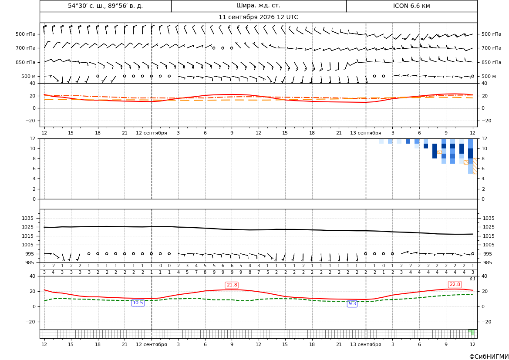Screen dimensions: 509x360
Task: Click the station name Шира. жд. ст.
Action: tap(258, 6)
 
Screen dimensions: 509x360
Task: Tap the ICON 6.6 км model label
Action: tap(411, 6)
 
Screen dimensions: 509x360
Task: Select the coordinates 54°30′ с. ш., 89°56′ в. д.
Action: tap(105, 6)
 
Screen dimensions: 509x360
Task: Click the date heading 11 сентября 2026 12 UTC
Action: tap(258, 17)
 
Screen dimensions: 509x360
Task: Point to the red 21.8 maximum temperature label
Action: tap(232, 285)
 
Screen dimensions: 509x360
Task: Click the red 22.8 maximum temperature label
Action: tap(455, 284)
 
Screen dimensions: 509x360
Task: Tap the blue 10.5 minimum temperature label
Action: tap(138, 303)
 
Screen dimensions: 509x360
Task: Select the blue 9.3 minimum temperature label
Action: tap(352, 303)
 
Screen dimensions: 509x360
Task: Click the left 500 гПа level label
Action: tap(26, 34)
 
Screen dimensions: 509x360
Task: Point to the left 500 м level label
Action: tap(28, 76)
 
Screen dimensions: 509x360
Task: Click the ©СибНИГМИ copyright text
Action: tap(489, 357)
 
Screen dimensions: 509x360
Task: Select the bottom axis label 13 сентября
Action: tap(365, 344)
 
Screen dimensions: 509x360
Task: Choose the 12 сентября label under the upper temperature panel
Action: tap(151, 133)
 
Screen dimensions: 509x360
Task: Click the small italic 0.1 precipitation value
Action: tap(473, 279)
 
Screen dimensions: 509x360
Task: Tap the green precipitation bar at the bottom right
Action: tap(472, 332)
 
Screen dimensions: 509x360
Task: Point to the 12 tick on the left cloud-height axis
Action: tap(33, 138)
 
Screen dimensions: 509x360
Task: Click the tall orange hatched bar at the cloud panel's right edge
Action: tap(475, 166)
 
